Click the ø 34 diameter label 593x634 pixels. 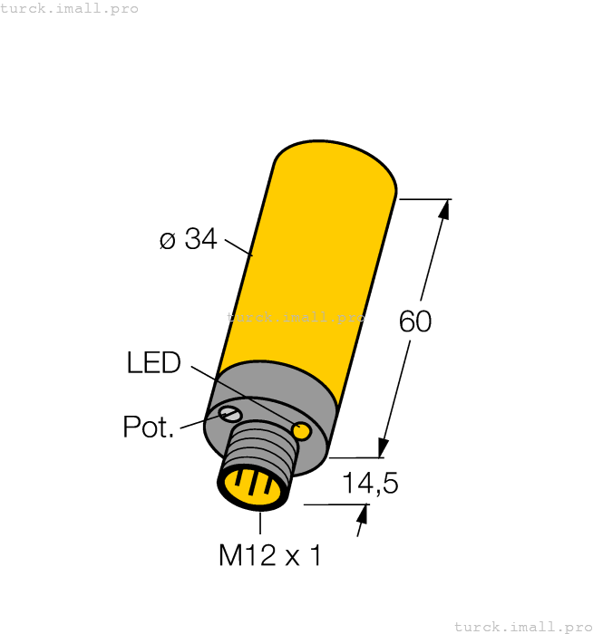click(x=188, y=239)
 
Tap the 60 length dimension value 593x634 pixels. click(x=415, y=322)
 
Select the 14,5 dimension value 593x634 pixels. click(x=370, y=484)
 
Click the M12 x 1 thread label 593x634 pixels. click(x=269, y=555)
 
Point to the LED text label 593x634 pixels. click(x=153, y=363)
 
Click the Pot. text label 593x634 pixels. click(x=148, y=427)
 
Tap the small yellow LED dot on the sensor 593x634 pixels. click(x=301, y=428)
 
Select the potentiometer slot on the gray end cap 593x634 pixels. click(x=230, y=414)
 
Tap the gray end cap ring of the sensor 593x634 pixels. click(x=272, y=399)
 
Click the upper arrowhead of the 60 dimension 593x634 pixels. click(x=443, y=209)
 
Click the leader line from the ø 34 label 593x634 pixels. click(x=238, y=248)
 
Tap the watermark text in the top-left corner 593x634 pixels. click(x=70, y=8)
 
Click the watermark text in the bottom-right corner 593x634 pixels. click(x=522, y=626)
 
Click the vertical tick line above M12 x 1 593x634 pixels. click(x=261, y=524)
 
